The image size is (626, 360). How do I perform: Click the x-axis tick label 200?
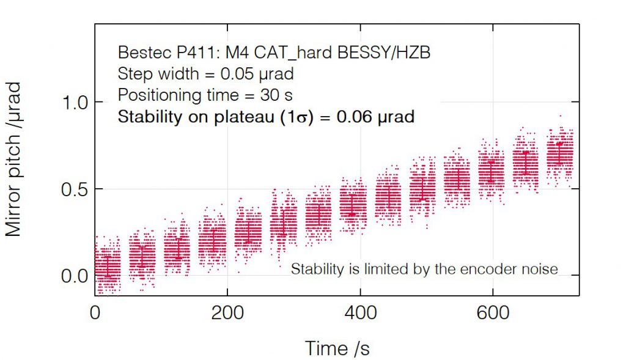tap(227, 312)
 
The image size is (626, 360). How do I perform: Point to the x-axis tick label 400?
tap(360, 312)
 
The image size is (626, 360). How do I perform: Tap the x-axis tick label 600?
tap(493, 312)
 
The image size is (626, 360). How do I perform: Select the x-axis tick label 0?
tap(95, 312)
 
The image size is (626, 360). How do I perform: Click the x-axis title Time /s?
tap(337, 348)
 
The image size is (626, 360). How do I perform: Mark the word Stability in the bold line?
tap(147, 117)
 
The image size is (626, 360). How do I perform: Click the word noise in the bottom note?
tap(542, 269)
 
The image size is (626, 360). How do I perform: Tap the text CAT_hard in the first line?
tap(296, 54)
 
